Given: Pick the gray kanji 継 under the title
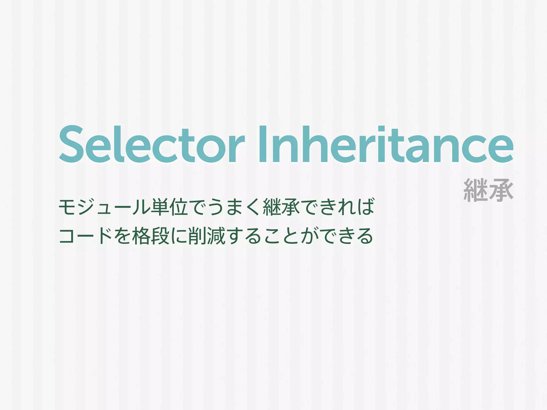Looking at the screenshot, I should tap(475, 190).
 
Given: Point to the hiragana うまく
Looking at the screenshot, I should tap(234, 207).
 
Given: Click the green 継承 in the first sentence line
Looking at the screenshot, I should tap(282, 207).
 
